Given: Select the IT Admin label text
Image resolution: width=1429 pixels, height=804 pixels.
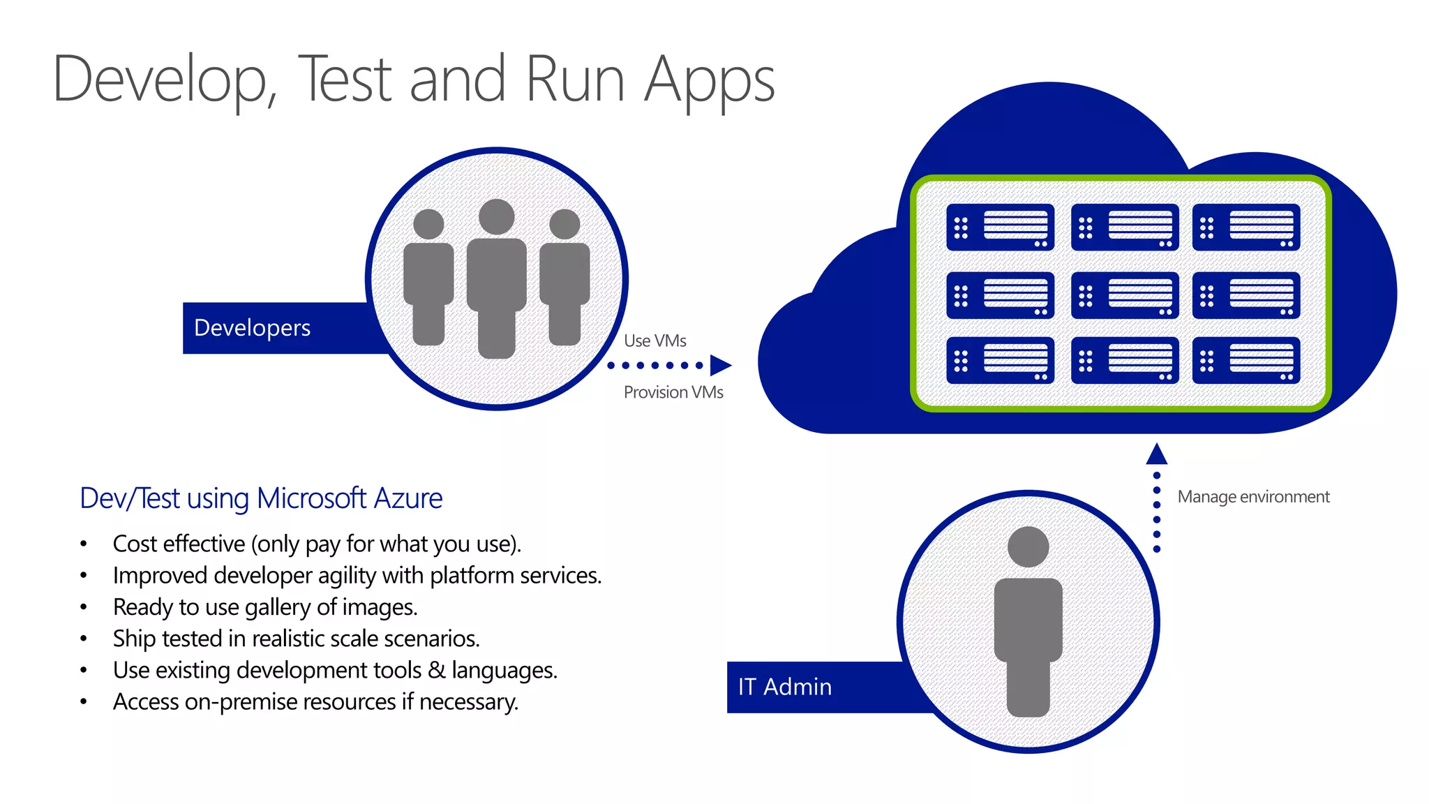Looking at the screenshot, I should pyautogui.click(x=785, y=687).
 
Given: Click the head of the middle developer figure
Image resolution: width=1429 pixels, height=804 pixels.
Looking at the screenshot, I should pyautogui.click(x=497, y=217).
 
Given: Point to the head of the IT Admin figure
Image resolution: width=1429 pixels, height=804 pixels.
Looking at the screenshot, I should pyautogui.click(x=1028, y=546).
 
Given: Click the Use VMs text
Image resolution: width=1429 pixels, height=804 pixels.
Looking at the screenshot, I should pyautogui.click(x=654, y=341).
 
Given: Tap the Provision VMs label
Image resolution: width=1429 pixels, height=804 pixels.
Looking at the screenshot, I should pyautogui.click(x=673, y=392).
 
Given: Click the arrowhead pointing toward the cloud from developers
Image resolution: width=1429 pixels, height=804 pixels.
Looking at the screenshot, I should pyautogui.click(x=720, y=365).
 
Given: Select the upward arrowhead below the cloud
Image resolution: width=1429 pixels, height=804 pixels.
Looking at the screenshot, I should pyautogui.click(x=1156, y=454).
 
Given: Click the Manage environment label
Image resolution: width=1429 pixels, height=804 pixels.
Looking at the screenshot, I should pyautogui.click(x=1253, y=497).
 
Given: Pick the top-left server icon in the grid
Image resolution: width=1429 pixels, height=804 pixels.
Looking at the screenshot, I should pyautogui.click(x=1000, y=228).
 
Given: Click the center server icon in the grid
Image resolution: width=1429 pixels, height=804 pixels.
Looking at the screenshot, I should pyautogui.click(x=1124, y=295).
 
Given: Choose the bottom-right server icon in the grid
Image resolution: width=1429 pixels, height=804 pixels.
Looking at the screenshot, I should pyautogui.click(x=1245, y=361).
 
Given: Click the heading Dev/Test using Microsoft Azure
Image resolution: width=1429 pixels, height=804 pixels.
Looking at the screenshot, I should pyautogui.click(x=261, y=498).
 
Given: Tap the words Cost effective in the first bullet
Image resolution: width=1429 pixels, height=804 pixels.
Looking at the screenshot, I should pyautogui.click(x=179, y=544).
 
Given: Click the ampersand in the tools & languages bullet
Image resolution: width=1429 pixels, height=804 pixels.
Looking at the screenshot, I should pyautogui.click(x=437, y=670).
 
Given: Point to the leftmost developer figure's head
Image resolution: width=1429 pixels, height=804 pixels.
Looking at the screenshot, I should pyautogui.click(x=428, y=224).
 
